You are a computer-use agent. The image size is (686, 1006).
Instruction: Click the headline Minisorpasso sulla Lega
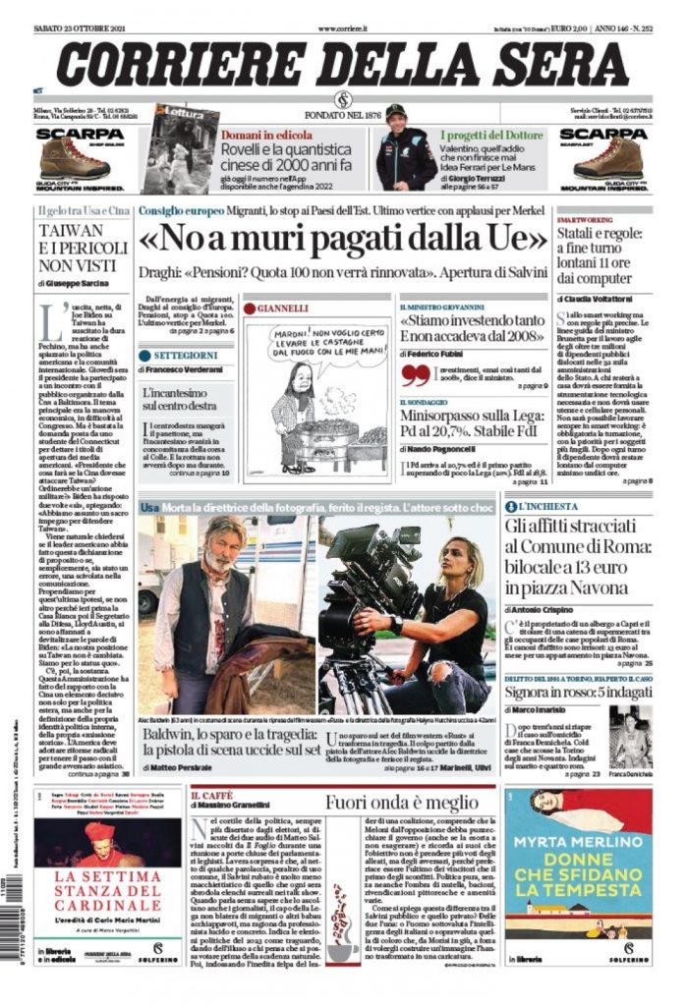(x=472, y=423)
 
